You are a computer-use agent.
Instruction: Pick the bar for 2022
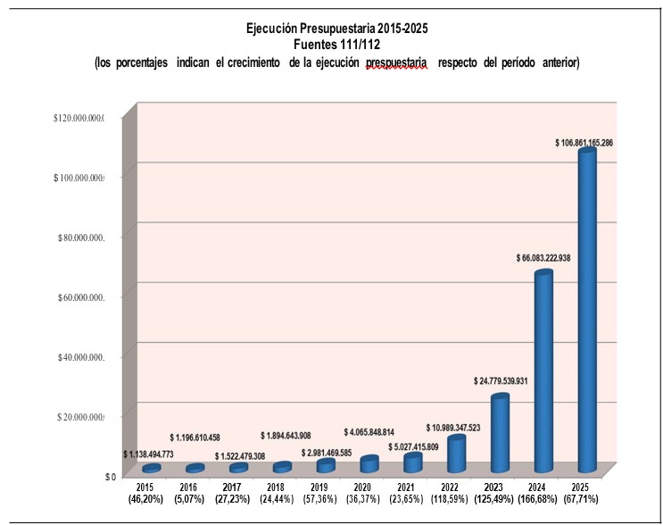click(456, 454)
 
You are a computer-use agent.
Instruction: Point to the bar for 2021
click(412, 463)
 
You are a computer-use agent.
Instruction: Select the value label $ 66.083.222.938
click(543, 258)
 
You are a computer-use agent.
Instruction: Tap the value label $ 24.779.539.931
click(501, 381)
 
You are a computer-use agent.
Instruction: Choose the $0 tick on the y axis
click(111, 476)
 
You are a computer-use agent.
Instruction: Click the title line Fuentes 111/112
click(336, 44)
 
